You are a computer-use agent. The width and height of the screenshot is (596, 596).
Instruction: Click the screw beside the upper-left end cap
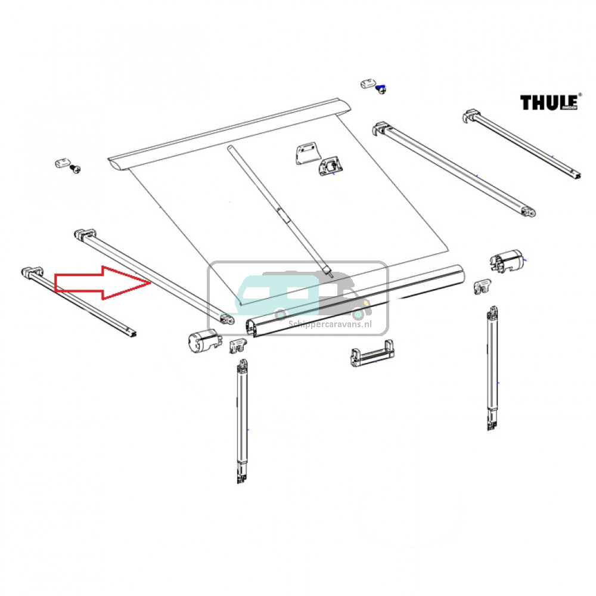(75, 169)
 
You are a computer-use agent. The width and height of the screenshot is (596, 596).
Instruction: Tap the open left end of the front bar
(252, 327)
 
